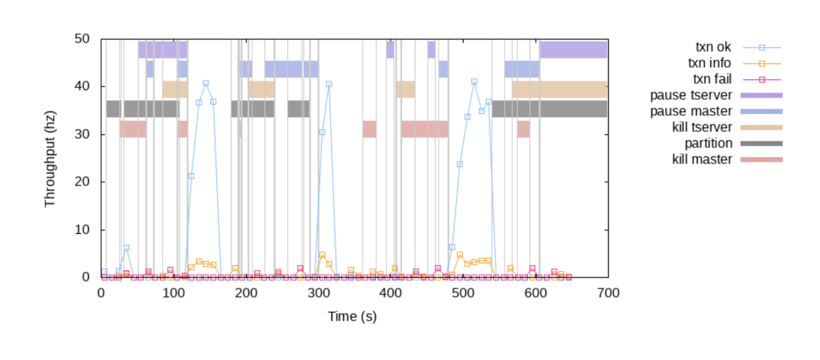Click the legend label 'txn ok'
click(714, 47)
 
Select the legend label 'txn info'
click(710, 63)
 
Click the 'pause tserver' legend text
click(691, 95)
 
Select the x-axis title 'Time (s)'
click(352, 317)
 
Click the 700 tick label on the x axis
click(608, 293)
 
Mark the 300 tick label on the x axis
click(318, 293)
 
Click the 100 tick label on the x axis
click(173, 293)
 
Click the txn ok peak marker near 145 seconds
click(206, 83)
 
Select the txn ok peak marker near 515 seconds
click(474, 81)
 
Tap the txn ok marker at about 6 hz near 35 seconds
click(126, 248)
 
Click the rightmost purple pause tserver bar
click(573, 49)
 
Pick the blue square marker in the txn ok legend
click(761, 47)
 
